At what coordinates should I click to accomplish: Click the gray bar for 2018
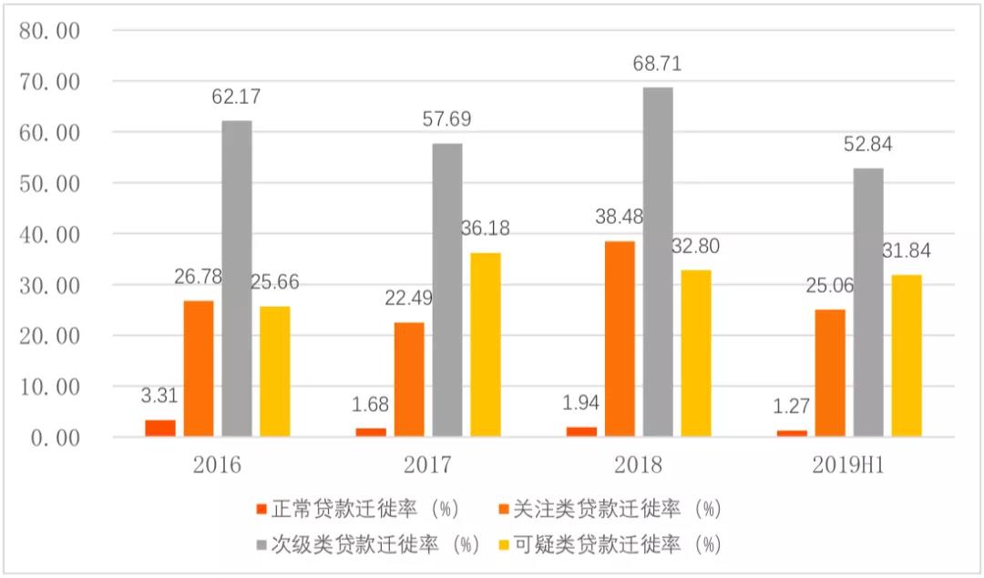click(x=659, y=262)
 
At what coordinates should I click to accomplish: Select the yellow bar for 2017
click(x=486, y=345)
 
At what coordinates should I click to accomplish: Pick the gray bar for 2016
click(x=237, y=279)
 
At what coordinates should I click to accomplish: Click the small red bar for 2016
click(x=160, y=428)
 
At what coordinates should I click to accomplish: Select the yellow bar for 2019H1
click(x=907, y=355)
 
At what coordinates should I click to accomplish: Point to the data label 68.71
click(x=659, y=65)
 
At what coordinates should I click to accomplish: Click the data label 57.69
click(x=447, y=120)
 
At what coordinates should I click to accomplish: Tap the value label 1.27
click(x=792, y=404)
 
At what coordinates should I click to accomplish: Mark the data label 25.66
click(x=274, y=282)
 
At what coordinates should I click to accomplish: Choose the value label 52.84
click(x=868, y=145)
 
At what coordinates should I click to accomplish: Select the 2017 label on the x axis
click(x=427, y=466)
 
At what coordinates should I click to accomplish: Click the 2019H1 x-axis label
click(x=850, y=466)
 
